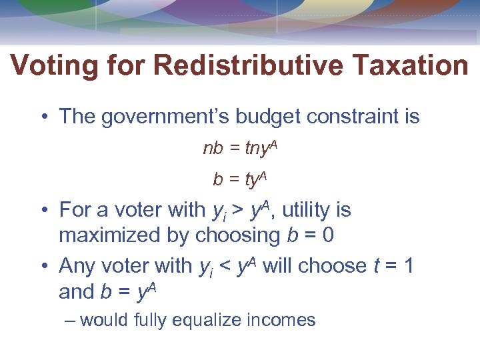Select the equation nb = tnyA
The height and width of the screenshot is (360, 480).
[240, 148]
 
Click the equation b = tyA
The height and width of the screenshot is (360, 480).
[240, 178]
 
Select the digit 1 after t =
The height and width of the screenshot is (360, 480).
[408, 266]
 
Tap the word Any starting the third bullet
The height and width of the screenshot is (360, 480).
[77, 266]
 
